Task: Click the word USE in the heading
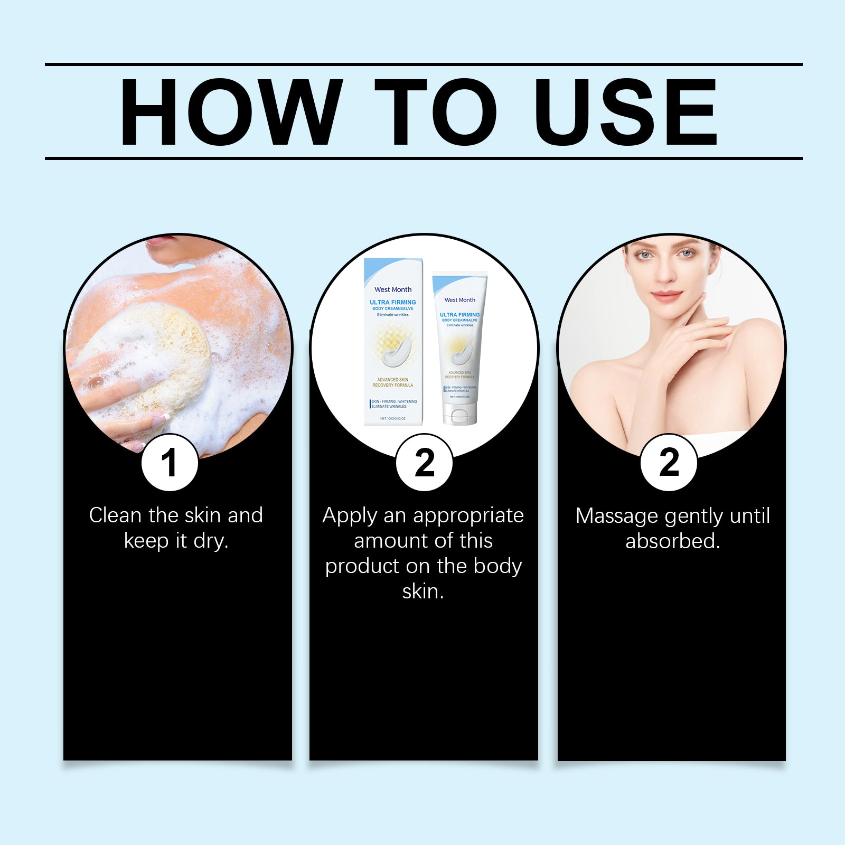point(625,112)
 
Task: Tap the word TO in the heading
point(435,112)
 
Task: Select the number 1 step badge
point(170,463)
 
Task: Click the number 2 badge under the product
point(424,463)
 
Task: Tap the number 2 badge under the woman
point(669,463)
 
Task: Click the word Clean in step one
point(115,515)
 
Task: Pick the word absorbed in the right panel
point(672,541)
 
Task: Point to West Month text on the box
point(393,289)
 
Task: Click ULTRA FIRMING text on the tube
point(459,315)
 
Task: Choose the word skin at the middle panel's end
point(423,591)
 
